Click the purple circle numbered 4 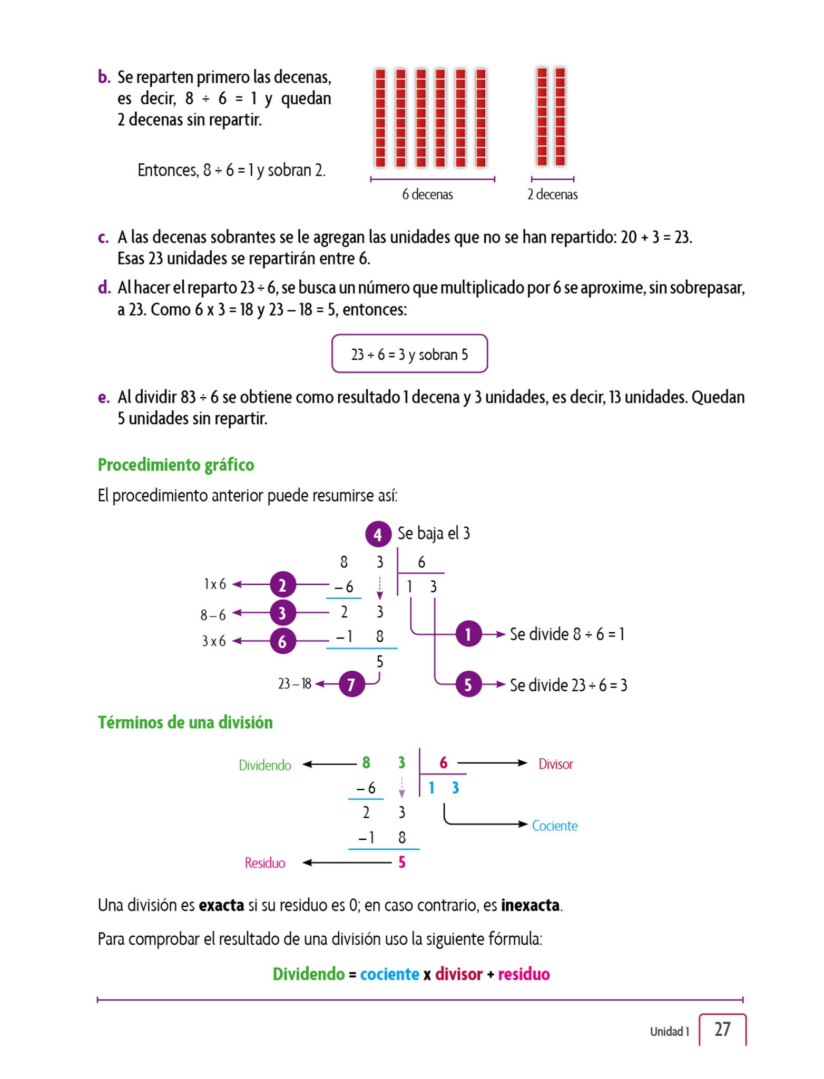[x=378, y=534]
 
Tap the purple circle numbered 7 [x=351, y=684]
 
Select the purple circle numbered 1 [x=468, y=634]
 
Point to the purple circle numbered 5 [x=468, y=684]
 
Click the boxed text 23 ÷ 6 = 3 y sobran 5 [x=409, y=354]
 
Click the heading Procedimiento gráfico [x=176, y=465]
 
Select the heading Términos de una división [x=185, y=722]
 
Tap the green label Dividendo [x=264, y=765]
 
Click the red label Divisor [x=555, y=764]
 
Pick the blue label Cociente [x=554, y=826]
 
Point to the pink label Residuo [x=264, y=863]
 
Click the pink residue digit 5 [x=402, y=862]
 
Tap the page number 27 [x=722, y=1029]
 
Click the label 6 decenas [x=427, y=194]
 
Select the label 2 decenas [x=552, y=194]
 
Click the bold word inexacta [x=530, y=905]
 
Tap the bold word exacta [x=221, y=905]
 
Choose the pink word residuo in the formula [x=524, y=974]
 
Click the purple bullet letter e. [x=103, y=397]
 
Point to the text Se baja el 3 [x=434, y=533]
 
